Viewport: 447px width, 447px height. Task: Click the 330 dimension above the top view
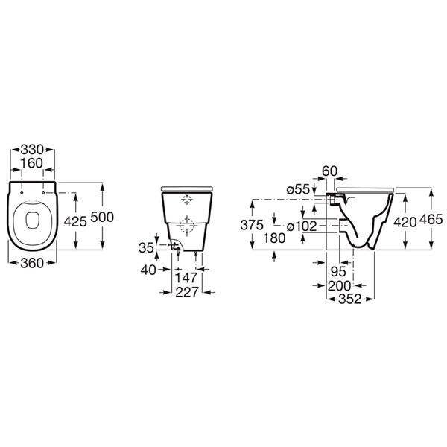pyautogui.click(x=32, y=150)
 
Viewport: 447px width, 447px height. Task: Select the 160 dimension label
pyautogui.click(x=31, y=163)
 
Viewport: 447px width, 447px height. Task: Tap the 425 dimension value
pyautogui.click(x=75, y=221)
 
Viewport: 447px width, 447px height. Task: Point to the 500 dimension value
pyautogui.click(x=102, y=218)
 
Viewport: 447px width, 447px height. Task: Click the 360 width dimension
pyautogui.click(x=32, y=263)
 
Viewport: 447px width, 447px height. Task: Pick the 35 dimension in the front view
pyautogui.click(x=146, y=248)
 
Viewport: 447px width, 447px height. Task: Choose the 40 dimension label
pyautogui.click(x=148, y=270)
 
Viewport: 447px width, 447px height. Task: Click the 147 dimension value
pyautogui.click(x=186, y=278)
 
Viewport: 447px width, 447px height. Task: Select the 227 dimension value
pyautogui.click(x=187, y=292)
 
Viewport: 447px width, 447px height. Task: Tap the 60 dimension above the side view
pyautogui.click(x=329, y=171)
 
